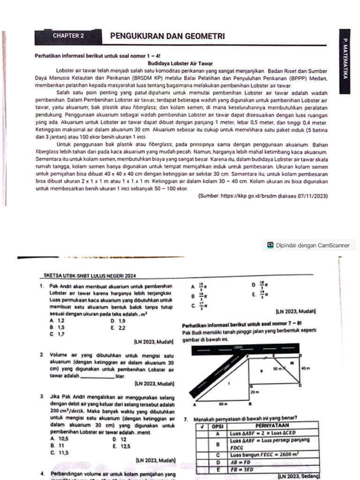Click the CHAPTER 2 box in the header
point(68,36)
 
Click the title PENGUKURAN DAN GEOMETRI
point(167,36)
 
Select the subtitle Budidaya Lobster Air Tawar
point(180,63)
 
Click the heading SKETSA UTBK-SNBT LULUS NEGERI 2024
point(90,276)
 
